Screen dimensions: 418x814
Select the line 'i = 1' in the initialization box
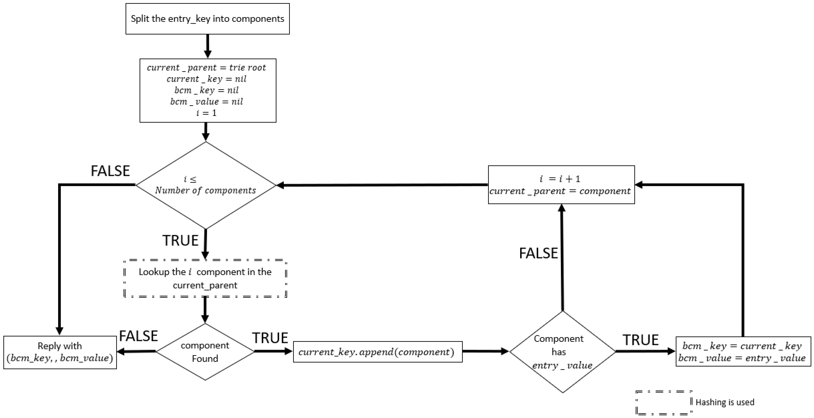click(206, 113)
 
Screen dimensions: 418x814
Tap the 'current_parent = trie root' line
click(206, 68)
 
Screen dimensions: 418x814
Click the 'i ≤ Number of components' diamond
click(206, 185)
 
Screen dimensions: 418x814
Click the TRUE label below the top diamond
click(180, 240)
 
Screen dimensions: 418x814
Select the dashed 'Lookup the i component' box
click(205, 278)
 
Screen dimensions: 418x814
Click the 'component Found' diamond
click(205, 352)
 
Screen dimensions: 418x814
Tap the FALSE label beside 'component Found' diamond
click(138, 336)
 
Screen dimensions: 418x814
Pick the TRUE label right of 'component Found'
click(270, 338)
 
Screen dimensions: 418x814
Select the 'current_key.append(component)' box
click(378, 352)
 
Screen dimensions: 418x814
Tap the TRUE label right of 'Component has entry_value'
click(640, 340)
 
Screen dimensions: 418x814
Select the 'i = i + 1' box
click(561, 185)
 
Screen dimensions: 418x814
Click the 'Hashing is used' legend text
click(725, 402)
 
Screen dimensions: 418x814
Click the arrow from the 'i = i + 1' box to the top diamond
click(382, 185)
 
